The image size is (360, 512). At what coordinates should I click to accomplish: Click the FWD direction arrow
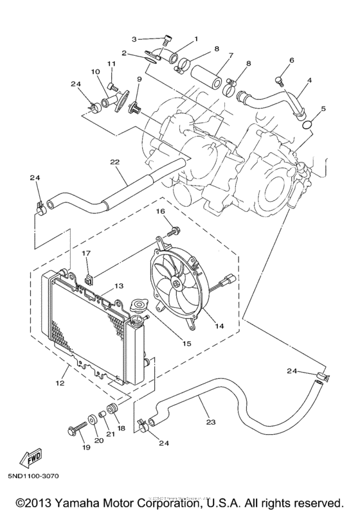coord(30,458)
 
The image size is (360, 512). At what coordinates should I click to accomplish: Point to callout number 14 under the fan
coord(219,326)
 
